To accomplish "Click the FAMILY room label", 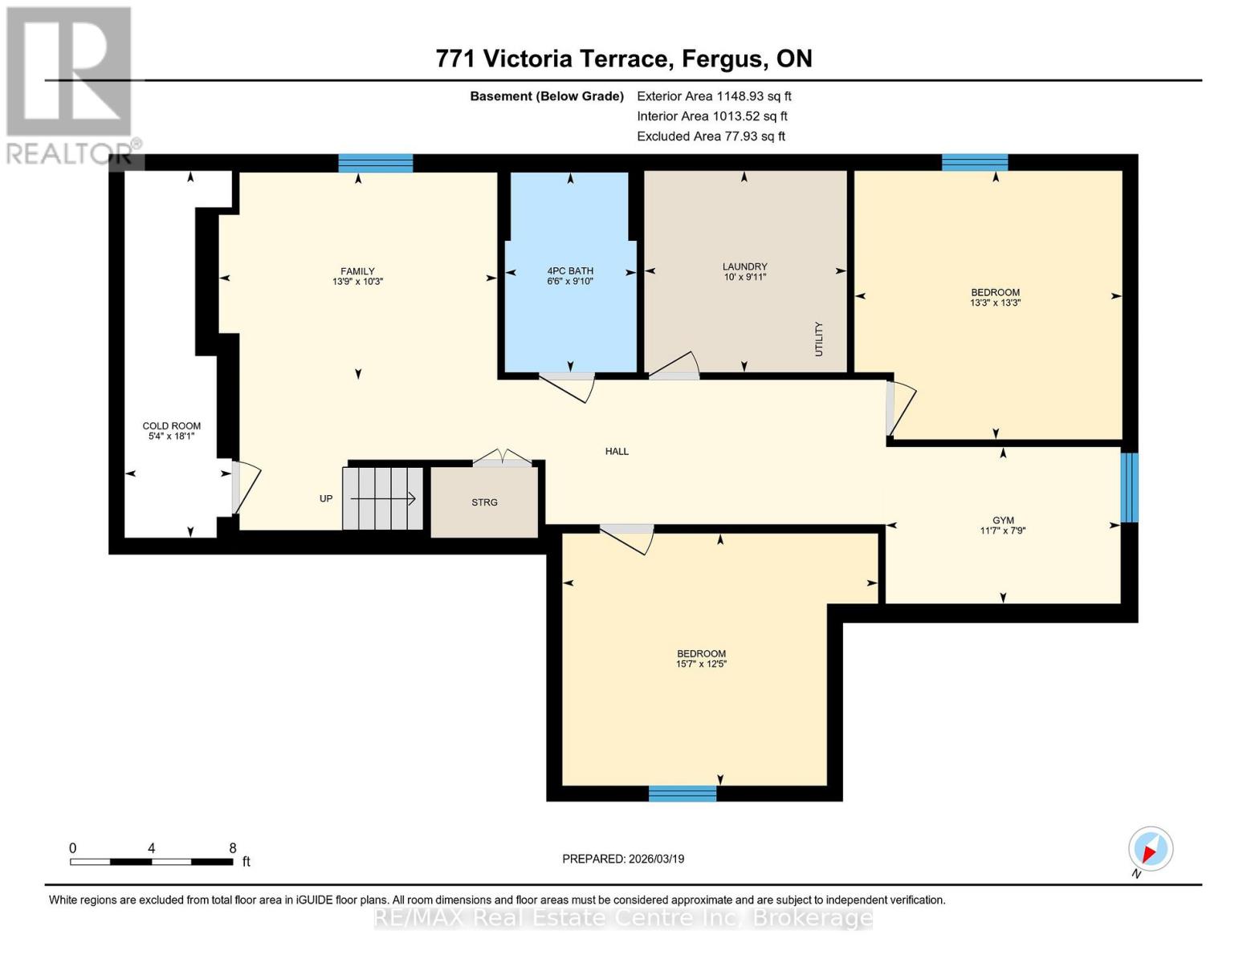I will pyautogui.click(x=357, y=271).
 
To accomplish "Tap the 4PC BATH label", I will pyautogui.click(x=570, y=271).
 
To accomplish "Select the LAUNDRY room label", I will pyautogui.click(x=744, y=266).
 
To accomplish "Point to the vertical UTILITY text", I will pyautogui.click(x=819, y=339).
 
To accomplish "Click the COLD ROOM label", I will pyautogui.click(x=171, y=426).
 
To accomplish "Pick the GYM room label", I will pyautogui.click(x=1003, y=520).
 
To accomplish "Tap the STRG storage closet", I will pyautogui.click(x=484, y=502).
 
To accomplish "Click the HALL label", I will pyautogui.click(x=617, y=452).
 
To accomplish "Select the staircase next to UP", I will pyautogui.click(x=383, y=498).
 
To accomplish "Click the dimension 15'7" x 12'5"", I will pyautogui.click(x=701, y=664).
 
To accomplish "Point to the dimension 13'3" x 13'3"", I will pyautogui.click(x=995, y=303).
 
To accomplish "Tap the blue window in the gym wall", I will pyautogui.click(x=1129, y=487).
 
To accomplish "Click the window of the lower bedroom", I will pyautogui.click(x=682, y=794).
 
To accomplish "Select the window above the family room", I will pyautogui.click(x=375, y=163).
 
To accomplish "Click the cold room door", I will pyautogui.click(x=244, y=486).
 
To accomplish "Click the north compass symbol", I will pyautogui.click(x=1150, y=849).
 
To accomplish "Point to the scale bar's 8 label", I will pyautogui.click(x=232, y=848).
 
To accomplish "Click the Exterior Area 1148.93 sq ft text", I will pyautogui.click(x=714, y=96).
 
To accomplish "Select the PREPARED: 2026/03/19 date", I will pyautogui.click(x=623, y=859).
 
